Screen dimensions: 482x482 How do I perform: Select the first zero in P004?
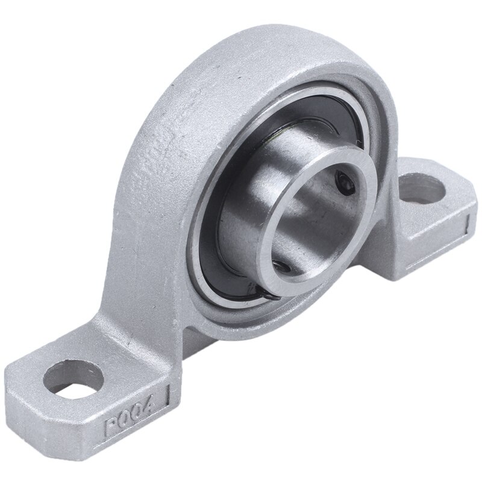coord(127,419)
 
